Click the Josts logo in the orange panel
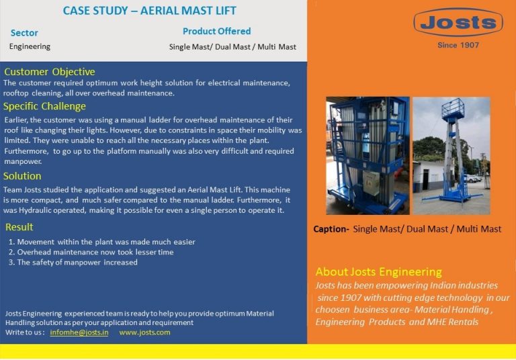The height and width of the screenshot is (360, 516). click(458, 23)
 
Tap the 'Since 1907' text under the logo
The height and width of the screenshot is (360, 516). click(458, 46)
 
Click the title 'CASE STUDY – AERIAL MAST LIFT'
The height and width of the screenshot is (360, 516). click(149, 11)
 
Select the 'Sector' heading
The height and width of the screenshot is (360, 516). click(24, 33)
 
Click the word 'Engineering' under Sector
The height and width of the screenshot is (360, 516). click(30, 46)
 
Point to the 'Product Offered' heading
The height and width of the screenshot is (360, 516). click(216, 31)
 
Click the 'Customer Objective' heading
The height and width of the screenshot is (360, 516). click(50, 72)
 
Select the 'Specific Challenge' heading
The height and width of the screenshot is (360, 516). click(45, 106)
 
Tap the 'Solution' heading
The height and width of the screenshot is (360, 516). click(22, 176)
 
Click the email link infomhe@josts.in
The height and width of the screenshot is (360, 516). click(79, 332)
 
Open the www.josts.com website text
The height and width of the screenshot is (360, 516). click(144, 332)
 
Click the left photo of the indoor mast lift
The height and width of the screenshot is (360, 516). click(367, 155)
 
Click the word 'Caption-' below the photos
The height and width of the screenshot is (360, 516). click(331, 229)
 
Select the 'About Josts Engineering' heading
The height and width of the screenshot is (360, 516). click(379, 272)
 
